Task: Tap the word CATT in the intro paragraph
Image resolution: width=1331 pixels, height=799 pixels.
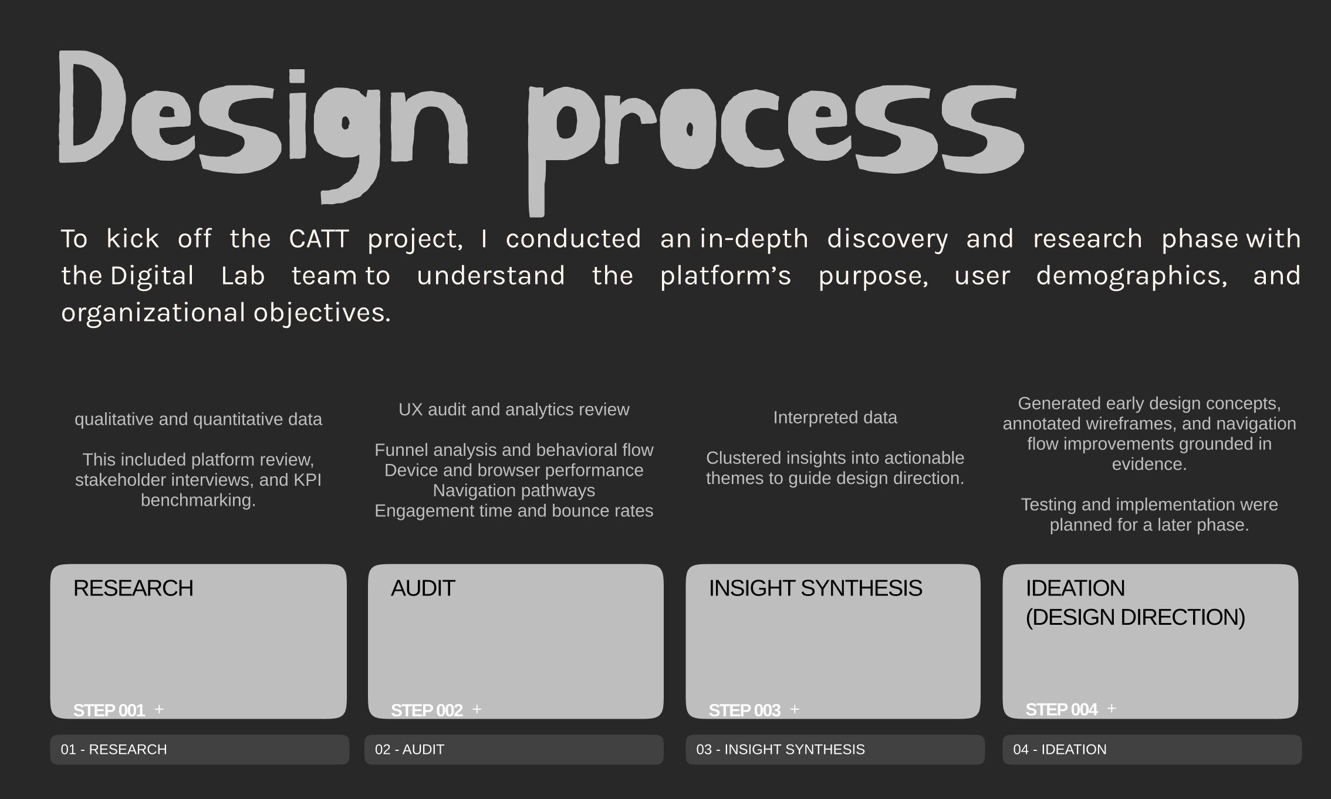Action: tap(319, 239)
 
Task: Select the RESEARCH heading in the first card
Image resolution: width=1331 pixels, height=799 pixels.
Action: tap(133, 588)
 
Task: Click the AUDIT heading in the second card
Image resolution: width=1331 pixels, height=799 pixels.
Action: tap(423, 588)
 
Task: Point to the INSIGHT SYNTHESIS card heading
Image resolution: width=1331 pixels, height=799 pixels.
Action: tap(815, 588)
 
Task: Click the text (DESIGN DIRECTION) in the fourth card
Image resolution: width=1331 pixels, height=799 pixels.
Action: tap(1135, 617)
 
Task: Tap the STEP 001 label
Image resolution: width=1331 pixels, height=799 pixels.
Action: tap(109, 710)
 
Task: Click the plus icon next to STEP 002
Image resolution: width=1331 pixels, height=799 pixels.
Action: tap(477, 709)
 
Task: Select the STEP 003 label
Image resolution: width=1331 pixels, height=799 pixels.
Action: tap(744, 710)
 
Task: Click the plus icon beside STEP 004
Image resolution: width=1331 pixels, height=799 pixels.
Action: tap(1112, 709)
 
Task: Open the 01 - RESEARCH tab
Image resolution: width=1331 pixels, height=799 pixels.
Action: tap(200, 750)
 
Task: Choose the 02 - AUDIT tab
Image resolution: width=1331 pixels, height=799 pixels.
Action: tap(514, 750)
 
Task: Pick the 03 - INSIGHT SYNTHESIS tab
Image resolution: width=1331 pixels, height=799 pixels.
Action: tap(835, 750)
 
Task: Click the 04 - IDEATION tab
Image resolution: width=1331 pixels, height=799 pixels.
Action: tap(1151, 750)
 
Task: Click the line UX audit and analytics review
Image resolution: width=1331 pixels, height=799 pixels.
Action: tap(514, 409)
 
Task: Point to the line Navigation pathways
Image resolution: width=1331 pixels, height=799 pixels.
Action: tap(514, 490)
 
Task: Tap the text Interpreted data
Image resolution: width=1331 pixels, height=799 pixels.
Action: tap(835, 418)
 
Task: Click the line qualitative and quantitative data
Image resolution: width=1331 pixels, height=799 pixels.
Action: tap(198, 419)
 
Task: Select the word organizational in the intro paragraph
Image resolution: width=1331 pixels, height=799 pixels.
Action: tap(153, 313)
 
